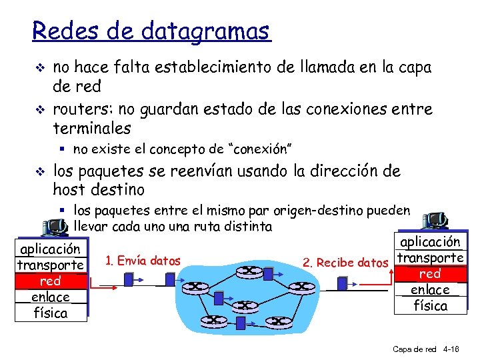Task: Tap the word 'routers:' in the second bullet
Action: [82, 109]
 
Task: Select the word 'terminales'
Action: [91, 127]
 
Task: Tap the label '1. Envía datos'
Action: [143, 261]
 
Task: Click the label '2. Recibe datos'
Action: [345, 263]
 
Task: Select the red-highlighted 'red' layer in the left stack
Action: [51, 281]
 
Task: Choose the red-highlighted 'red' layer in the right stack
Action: [430, 274]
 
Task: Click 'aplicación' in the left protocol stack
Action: [51, 249]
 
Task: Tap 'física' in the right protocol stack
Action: [430, 305]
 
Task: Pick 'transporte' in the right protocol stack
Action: [430, 258]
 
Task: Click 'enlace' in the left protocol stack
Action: [51, 297]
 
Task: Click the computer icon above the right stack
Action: [436, 221]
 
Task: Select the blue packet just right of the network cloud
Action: [342, 284]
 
